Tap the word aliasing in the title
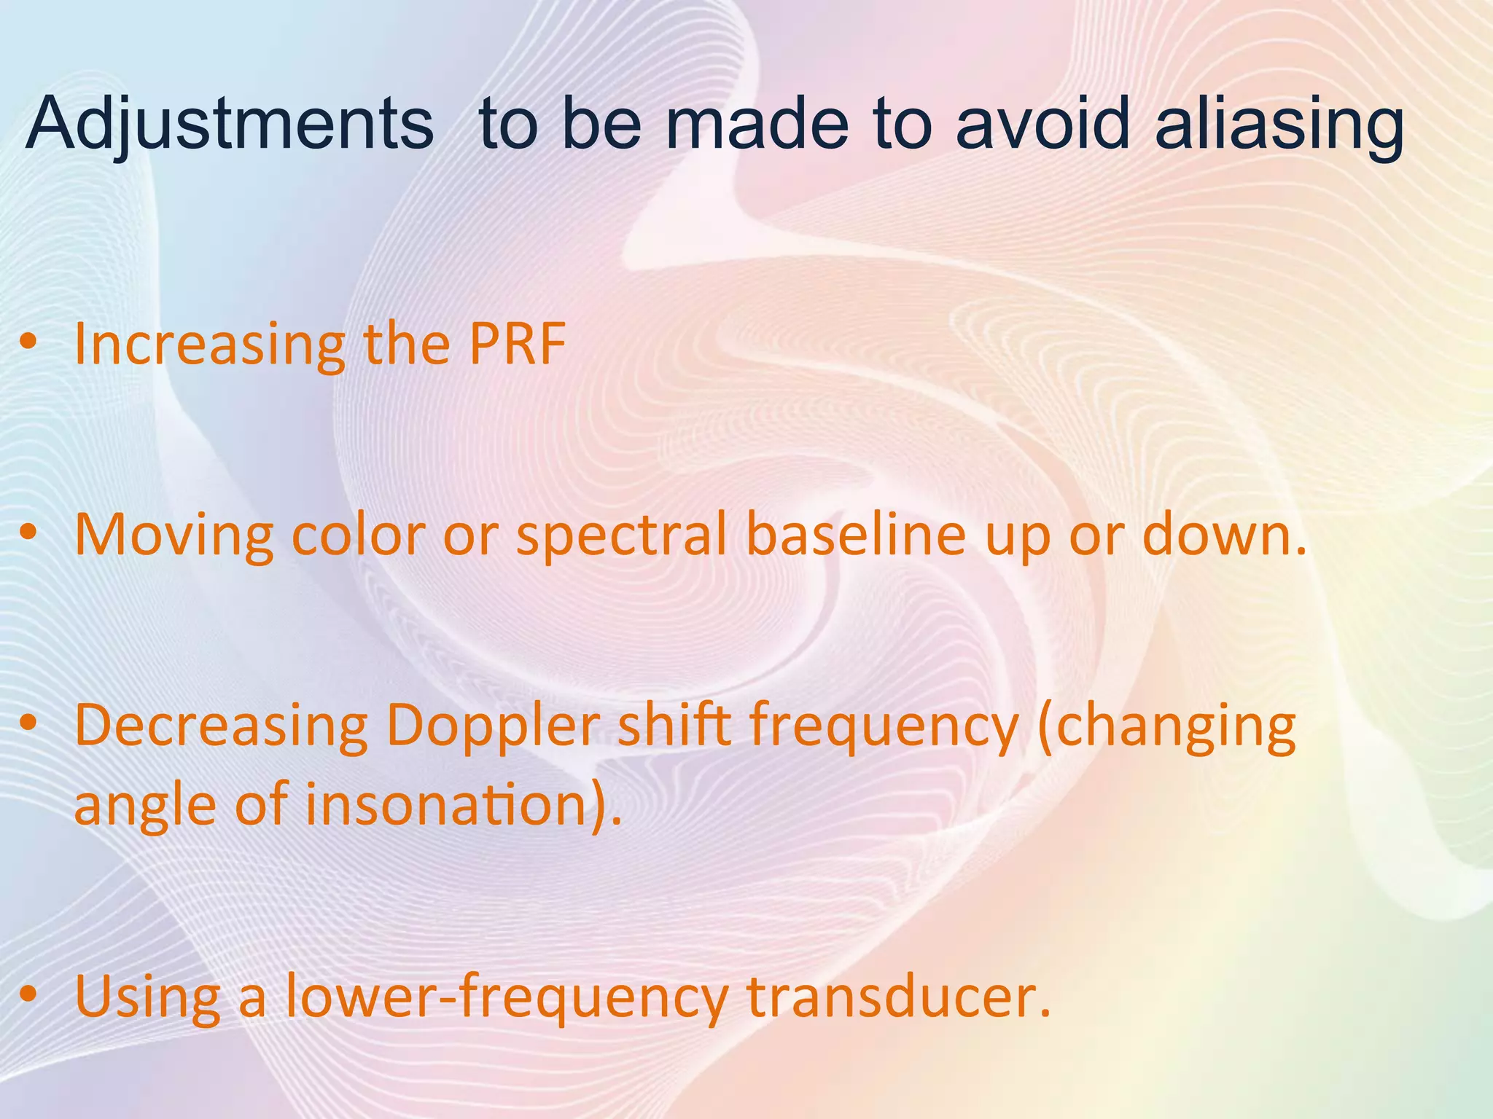click(x=1279, y=125)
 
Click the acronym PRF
click(x=517, y=344)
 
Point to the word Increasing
click(x=210, y=345)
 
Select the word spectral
click(x=620, y=536)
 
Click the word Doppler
click(x=493, y=727)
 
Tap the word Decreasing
click(x=222, y=727)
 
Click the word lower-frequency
click(x=506, y=997)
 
